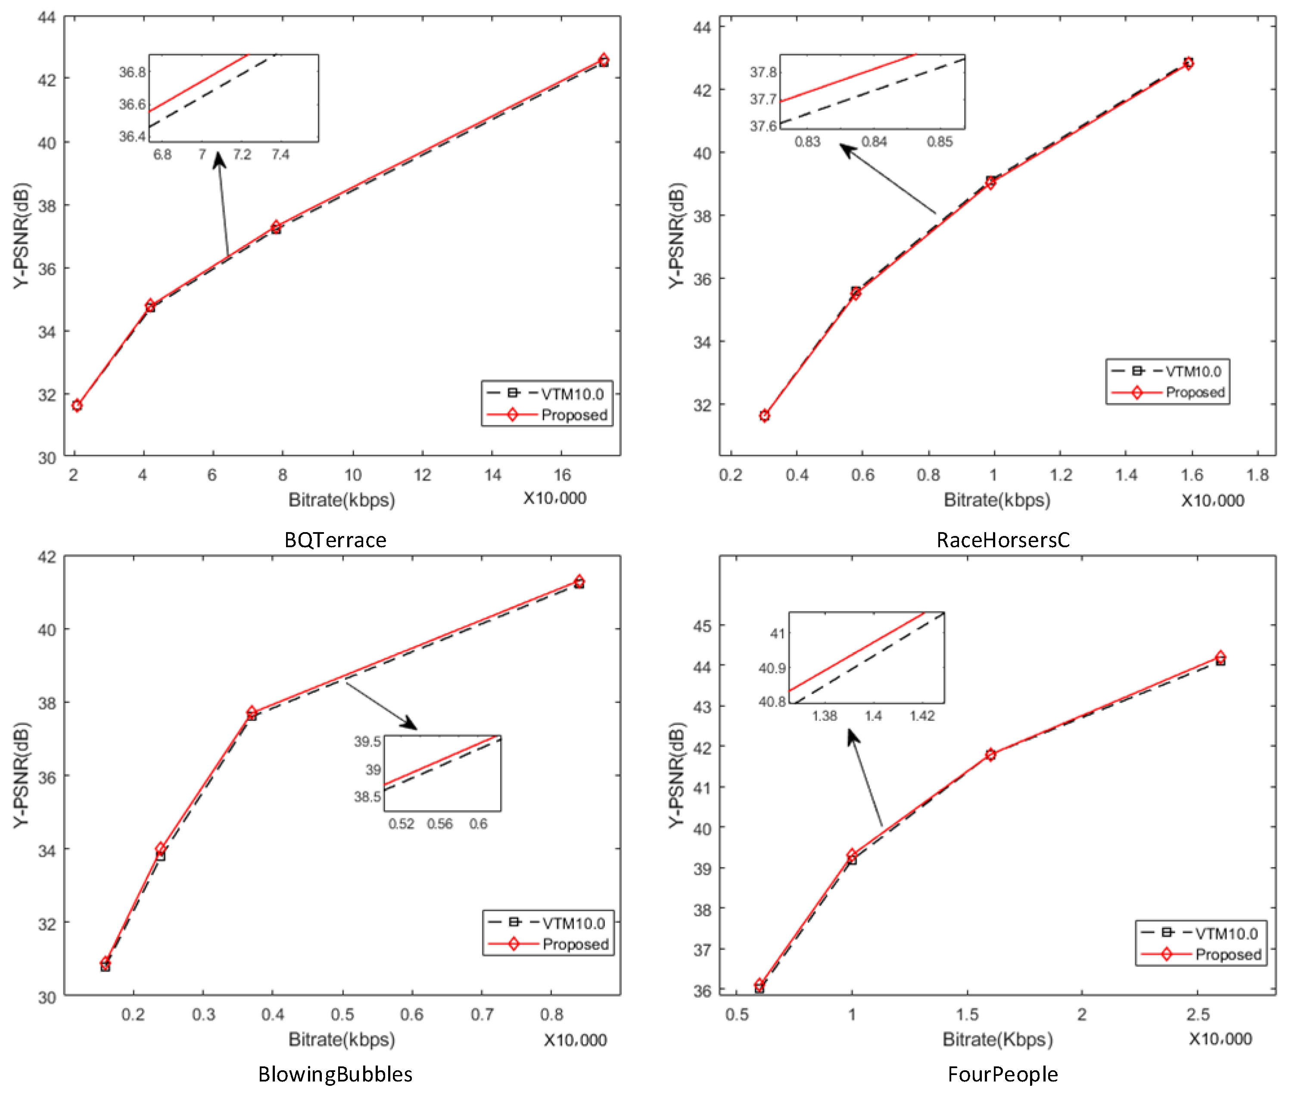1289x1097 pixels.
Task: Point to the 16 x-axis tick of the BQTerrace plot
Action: tap(562, 475)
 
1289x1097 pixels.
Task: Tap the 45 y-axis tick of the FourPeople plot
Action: tap(702, 626)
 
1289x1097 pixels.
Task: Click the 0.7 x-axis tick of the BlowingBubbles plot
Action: tap(482, 1014)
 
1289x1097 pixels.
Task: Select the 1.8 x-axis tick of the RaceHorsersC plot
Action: tap(1257, 475)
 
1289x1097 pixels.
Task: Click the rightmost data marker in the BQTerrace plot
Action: tap(603, 60)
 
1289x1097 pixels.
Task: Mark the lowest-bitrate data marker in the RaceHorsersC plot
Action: tap(764, 415)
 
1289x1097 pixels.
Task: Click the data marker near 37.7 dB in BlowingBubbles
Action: tap(251, 713)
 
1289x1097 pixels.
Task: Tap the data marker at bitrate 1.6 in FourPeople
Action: tap(990, 754)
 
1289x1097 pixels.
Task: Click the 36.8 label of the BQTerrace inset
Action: tap(132, 72)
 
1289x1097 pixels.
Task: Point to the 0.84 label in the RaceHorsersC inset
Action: tap(874, 142)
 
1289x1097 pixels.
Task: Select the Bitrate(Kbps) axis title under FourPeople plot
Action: tap(997, 1039)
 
